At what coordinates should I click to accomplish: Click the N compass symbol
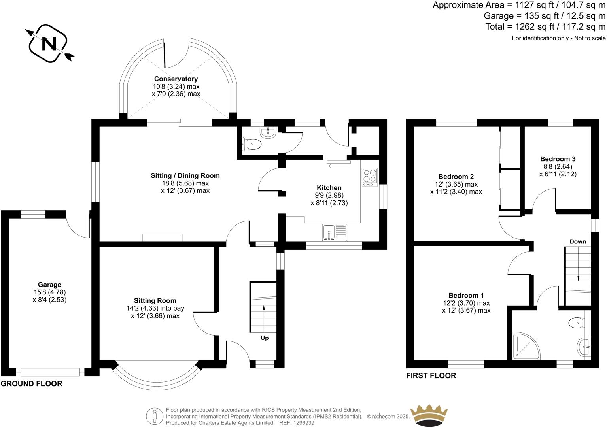coord(49,43)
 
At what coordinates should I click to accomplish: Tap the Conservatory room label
coord(176,79)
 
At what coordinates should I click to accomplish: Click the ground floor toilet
coord(252,145)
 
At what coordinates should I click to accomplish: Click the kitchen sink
coord(335,232)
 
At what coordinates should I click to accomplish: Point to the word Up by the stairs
coord(265,338)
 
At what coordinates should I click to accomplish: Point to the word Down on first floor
coord(578,241)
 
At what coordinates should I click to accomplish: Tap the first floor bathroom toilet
coord(577,323)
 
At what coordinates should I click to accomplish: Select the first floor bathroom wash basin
coord(584,347)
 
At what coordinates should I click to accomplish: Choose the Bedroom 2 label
coord(456,177)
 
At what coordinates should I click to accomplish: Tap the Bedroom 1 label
coord(466,295)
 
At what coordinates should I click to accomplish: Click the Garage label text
coord(49,285)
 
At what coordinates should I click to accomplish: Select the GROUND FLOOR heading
coord(31,383)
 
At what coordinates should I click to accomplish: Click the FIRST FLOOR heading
coord(431,375)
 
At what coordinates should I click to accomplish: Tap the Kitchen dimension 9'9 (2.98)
coord(329,195)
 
